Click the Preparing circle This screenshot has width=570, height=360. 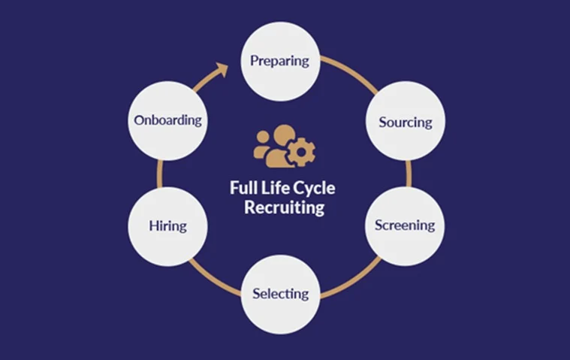click(x=280, y=61)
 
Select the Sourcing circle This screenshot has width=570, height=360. click(x=405, y=121)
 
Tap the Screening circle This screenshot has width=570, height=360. click(x=405, y=225)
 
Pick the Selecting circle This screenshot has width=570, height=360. click(x=280, y=293)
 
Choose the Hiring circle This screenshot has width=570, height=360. click(x=167, y=225)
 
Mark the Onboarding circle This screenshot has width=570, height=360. click(x=167, y=121)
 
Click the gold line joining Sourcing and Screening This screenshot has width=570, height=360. click(x=409, y=174)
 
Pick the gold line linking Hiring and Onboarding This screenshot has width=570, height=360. click(x=159, y=174)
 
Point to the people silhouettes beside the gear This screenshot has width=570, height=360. click(x=271, y=146)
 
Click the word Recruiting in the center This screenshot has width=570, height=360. click(x=285, y=207)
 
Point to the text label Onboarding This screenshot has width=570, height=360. click(x=167, y=121)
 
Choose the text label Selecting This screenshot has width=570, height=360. click(x=280, y=293)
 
